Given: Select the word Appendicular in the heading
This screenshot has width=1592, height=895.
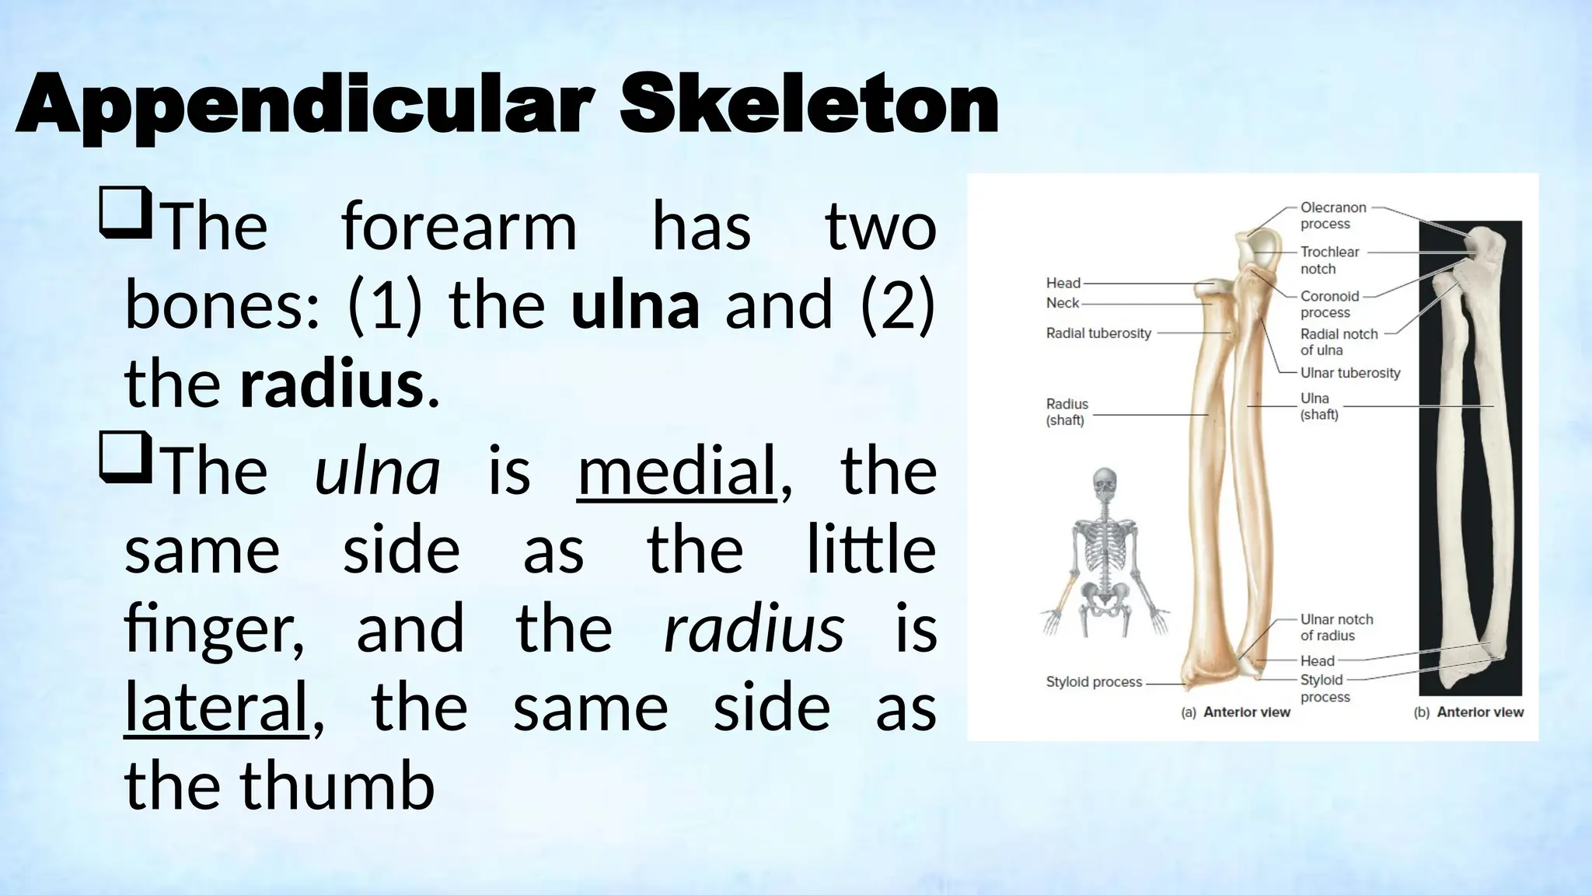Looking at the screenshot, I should (305, 106).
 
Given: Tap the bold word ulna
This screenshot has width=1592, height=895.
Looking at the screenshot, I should (635, 305).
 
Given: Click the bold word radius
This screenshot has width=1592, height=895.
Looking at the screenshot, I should (332, 384).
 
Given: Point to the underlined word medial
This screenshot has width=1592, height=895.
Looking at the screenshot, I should (676, 472).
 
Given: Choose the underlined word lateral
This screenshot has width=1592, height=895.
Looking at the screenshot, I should (216, 707).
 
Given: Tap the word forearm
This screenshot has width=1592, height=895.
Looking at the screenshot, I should (459, 227).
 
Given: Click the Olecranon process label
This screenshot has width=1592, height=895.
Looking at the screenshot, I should (1332, 216).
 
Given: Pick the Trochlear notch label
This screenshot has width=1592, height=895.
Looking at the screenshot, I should (1329, 260).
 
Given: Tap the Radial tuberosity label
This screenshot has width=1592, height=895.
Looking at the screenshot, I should (1098, 333).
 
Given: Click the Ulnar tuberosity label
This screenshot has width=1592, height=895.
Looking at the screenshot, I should (1349, 373).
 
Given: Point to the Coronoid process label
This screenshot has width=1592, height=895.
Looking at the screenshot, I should (1329, 304).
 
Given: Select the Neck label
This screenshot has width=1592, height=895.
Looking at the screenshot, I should (1062, 303).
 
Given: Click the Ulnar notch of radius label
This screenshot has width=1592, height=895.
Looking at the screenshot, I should (1336, 627).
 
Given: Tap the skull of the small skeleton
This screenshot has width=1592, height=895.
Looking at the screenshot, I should (1104, 483).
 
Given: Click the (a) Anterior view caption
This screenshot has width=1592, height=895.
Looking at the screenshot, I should (1235, 712).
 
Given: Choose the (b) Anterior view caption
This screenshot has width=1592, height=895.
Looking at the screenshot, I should (1468, 712).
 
